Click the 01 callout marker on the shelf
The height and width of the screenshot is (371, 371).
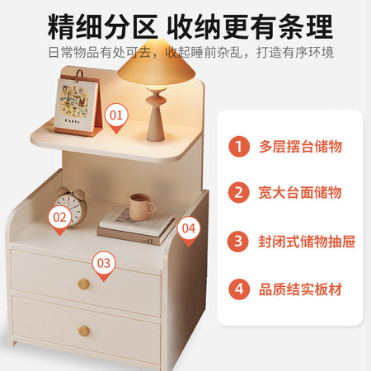tap(116, 117)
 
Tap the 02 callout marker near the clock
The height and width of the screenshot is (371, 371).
tap(59, 219)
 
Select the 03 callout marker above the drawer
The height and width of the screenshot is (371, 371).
tap(104, 265)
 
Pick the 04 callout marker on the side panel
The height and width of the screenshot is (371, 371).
tap(188, 230)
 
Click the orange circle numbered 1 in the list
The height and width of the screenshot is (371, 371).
tap(239, 146)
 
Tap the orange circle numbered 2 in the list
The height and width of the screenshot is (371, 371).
tap(238, 192)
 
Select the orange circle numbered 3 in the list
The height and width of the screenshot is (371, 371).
tap(238, 241)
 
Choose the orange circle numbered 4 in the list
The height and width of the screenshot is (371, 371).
tap(239, 289)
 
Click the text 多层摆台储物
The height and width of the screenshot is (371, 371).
tap(300, 147)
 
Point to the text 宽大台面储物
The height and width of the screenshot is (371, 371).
tap(300, 192)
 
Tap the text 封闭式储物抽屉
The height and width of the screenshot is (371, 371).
tap(307, 242)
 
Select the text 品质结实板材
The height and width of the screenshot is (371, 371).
tap(300, 289)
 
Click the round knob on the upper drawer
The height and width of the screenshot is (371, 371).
tap(83, 284)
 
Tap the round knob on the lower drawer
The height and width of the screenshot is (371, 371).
tap(84, 331)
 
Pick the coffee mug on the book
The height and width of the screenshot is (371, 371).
tap(142, 207)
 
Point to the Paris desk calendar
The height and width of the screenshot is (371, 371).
tap(77, 103)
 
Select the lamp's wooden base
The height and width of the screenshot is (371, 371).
tap(156, 114)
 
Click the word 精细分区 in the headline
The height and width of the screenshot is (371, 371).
tap(102, 27)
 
